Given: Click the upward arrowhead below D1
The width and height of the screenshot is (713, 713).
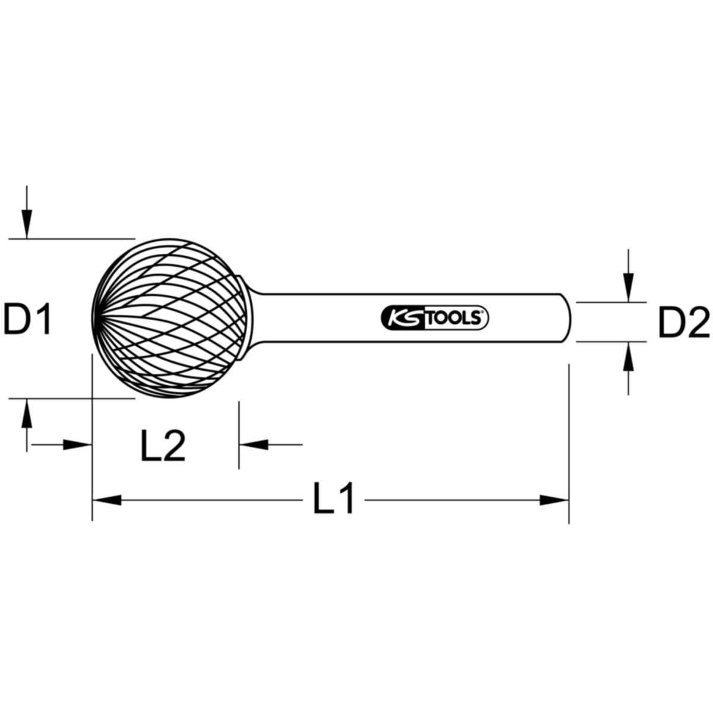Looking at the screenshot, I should coord(26,414).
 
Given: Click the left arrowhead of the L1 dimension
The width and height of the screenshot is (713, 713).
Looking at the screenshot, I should coord(107,500).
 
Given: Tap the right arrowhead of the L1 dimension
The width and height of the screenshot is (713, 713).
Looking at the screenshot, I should coord(554,500).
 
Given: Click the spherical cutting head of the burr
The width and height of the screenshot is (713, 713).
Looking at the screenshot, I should coord(172,318).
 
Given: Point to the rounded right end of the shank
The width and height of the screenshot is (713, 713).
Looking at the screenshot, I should coord(568,318).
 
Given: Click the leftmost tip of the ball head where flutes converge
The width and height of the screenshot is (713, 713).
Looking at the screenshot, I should coord(95,318).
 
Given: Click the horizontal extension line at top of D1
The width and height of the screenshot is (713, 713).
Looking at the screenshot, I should coord(71,239).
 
